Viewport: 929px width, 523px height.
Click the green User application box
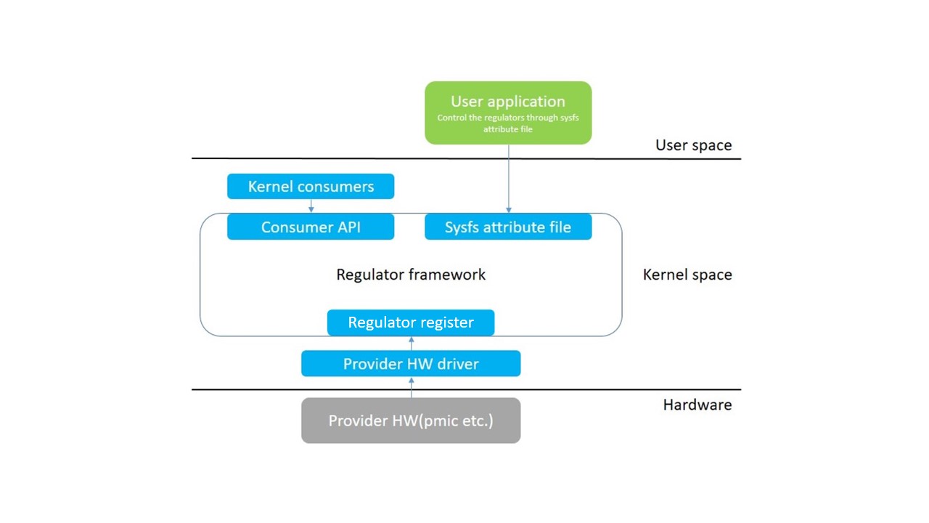[508, 113]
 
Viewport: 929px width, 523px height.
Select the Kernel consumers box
[311, 187]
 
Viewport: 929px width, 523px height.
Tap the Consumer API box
[311, 227]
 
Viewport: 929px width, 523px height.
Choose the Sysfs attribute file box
[508, 227]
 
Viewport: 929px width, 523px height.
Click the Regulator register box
[411, 323]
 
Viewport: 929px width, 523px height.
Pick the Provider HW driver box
[411, 364]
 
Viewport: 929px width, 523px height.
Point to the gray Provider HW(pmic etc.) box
[411, 421]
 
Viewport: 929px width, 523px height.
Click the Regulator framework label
[411, 275]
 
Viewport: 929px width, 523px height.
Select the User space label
[693, 145]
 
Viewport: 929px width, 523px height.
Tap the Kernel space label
[687, 275]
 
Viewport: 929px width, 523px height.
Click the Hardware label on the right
[697, 405]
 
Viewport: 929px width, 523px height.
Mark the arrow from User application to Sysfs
[508, 178]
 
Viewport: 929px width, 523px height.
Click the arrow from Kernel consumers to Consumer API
[311, 206]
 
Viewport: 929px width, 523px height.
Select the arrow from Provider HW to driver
[411, 387]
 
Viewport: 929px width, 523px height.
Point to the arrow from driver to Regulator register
[411, 343]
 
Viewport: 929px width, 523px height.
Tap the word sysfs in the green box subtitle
[570, 118]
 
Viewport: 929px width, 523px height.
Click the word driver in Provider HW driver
[457, 364]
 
